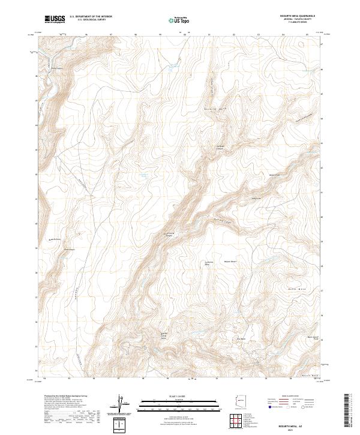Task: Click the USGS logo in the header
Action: pyautogui.click(x=54, y=19)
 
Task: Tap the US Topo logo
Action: pyautogui.click(x=174, y=19)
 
